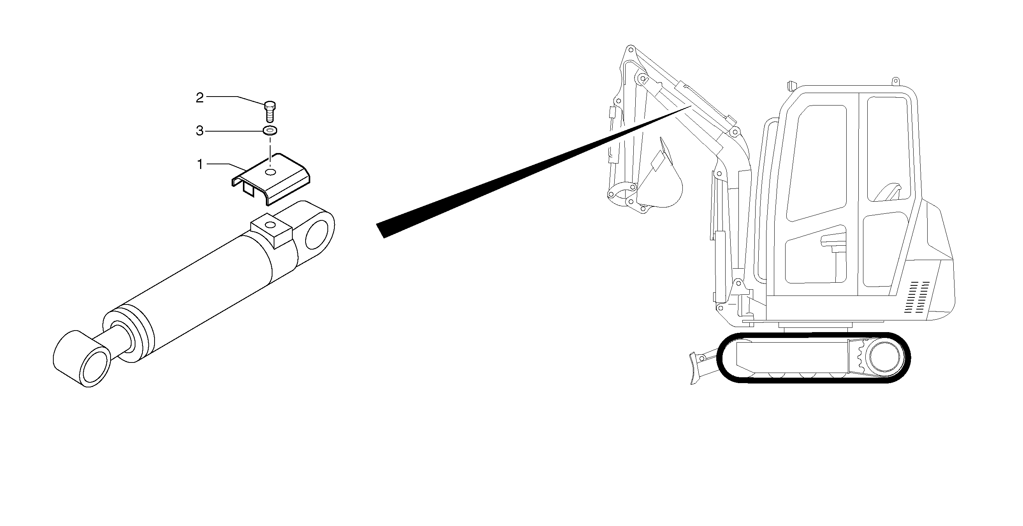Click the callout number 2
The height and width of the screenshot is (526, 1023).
(x=200, y=98)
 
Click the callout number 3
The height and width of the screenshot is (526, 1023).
(x=200, y=131)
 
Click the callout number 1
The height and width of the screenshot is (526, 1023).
(x=200, y=164)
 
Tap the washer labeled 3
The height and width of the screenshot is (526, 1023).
(x=270, y=130)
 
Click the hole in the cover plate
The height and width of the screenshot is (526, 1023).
(x=271, y=172)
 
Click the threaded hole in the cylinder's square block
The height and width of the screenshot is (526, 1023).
(x=271, y=225)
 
